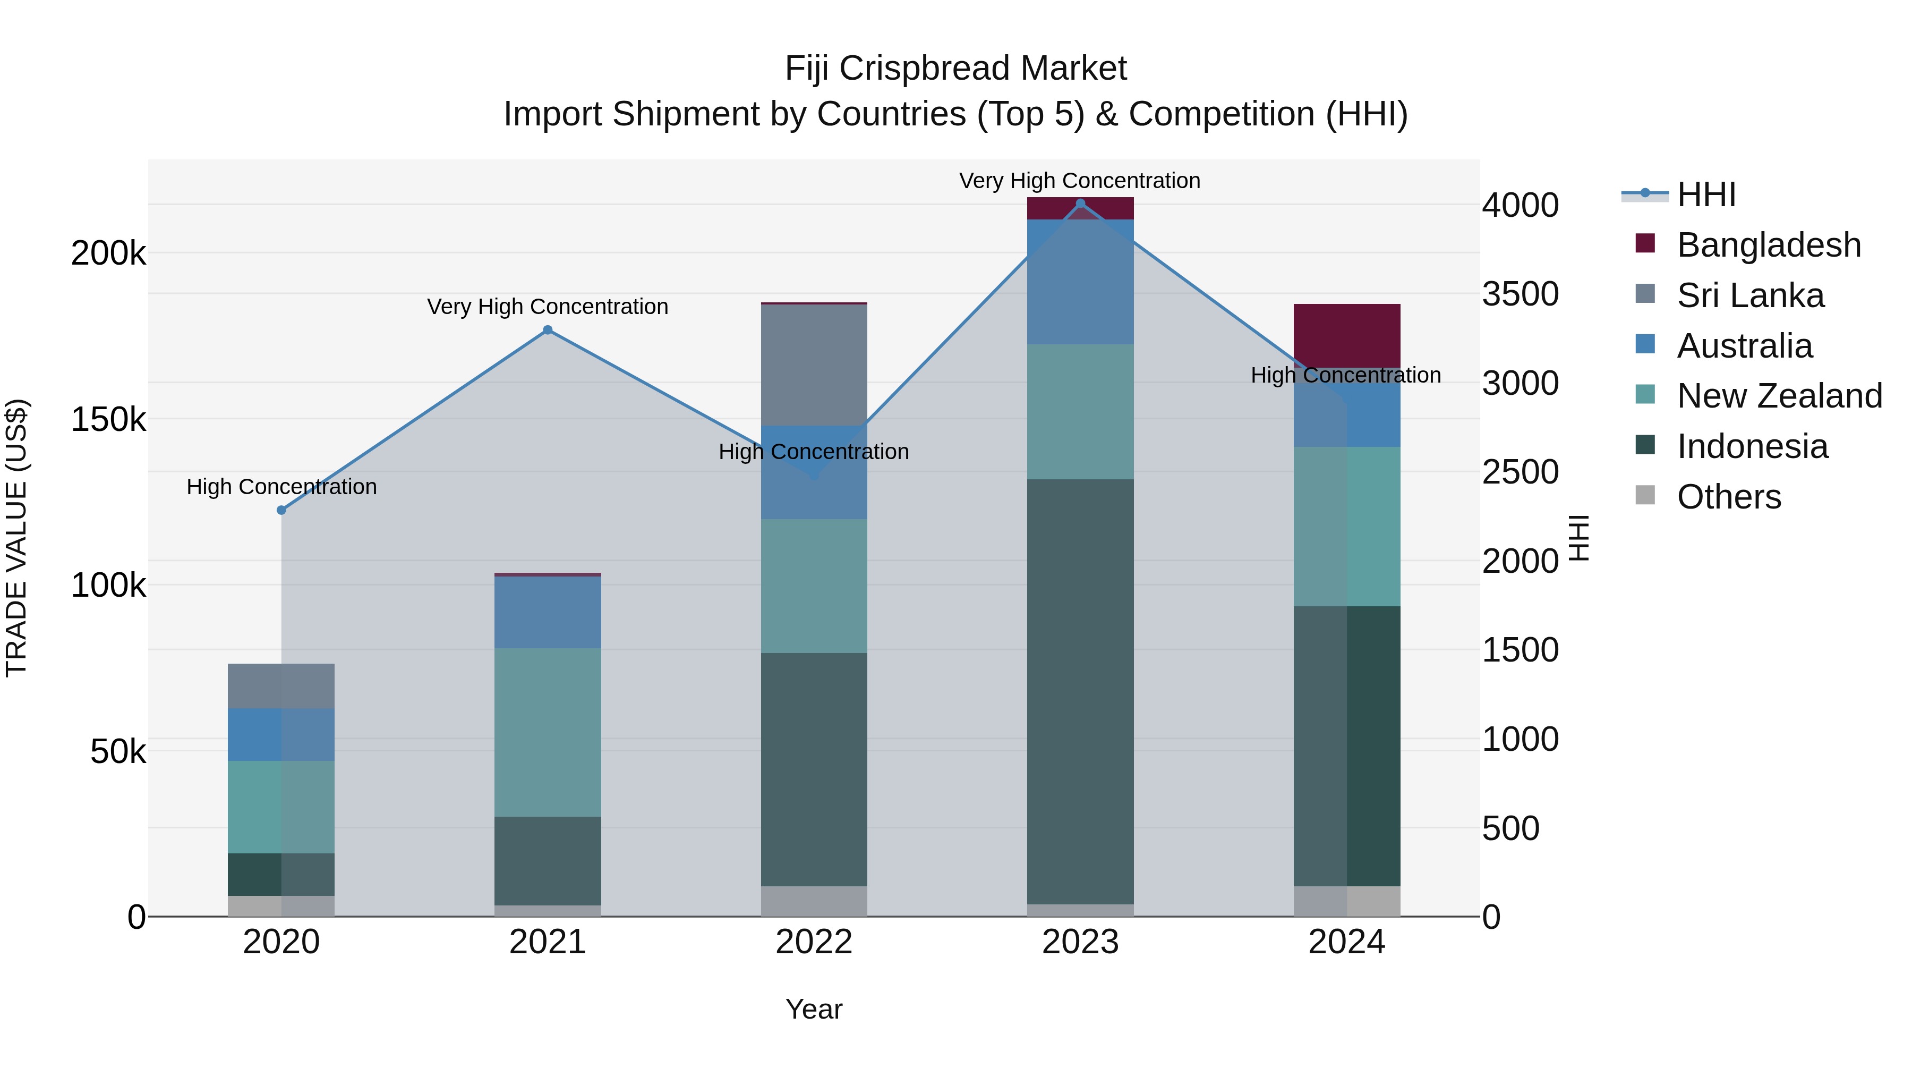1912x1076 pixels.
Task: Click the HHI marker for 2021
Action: pyautogui.click(x=548, y=329)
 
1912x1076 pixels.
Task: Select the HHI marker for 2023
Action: pyautogui.click(x=1080, y=204)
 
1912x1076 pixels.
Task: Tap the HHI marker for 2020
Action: pyautogui.click(x=281, y=510)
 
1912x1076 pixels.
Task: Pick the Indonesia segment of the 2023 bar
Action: pyautogui.click(x=1080, y=691)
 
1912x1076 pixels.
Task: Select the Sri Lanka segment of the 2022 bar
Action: pyautogui.click(x=814, y=365)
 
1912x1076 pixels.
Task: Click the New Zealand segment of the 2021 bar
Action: pyautogui.click(x=548, y=732)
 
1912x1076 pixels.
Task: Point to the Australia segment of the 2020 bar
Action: pyautogui.click(x=281, y=734)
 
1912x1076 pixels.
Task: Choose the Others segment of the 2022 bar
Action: pyautogui.click(x=814, y=901)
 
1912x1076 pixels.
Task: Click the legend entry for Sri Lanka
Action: pyautogui.click(x=1749, y=295)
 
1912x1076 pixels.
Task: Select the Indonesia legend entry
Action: pyautogui.click(x=1752, y=446)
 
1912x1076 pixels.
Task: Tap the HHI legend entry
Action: pyautogui.click(x=1705, y=194)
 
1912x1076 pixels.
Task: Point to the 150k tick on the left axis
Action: pyautogui.click(x=108, y=420)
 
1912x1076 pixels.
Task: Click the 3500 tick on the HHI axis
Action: pyautogui.click(x=1520, y=294)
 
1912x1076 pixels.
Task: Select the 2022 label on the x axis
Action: pyautogui.click(x=814, y=942)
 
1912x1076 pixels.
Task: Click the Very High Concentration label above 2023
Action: pyautogui.click(x=1079, y=181)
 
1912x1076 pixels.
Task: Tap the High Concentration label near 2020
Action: pyautogui.click(x=281, y=486)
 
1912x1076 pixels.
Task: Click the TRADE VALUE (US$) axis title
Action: pyautogui.click(x=16, y=538)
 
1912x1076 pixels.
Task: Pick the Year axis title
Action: pyautogui.click(x=814, y=1009)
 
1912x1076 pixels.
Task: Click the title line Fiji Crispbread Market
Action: pyautogui.click(x=955, y=69)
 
